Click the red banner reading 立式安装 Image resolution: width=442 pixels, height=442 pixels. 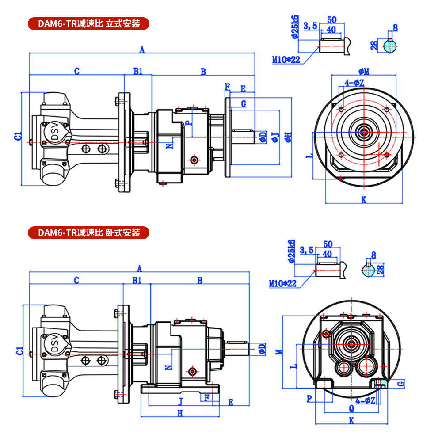(89, 23)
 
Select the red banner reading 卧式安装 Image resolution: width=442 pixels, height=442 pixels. (89, 232)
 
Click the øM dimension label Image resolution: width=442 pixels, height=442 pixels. (364, 71)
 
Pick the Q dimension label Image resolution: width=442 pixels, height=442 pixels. (351, 408)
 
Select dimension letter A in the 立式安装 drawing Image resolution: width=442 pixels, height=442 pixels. (142, 50)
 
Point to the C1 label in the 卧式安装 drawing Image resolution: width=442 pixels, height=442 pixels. (19, 351)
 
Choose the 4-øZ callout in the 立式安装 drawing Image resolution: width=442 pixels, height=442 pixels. (354, 82)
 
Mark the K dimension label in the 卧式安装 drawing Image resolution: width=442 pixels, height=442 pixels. (351, 421)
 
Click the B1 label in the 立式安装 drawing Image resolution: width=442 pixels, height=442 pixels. (138, 71)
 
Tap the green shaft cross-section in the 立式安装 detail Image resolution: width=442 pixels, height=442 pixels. (389, 46)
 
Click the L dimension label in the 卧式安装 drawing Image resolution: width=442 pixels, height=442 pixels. (293, 366)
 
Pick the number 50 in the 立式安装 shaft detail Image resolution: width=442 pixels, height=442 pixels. (332, 19)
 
